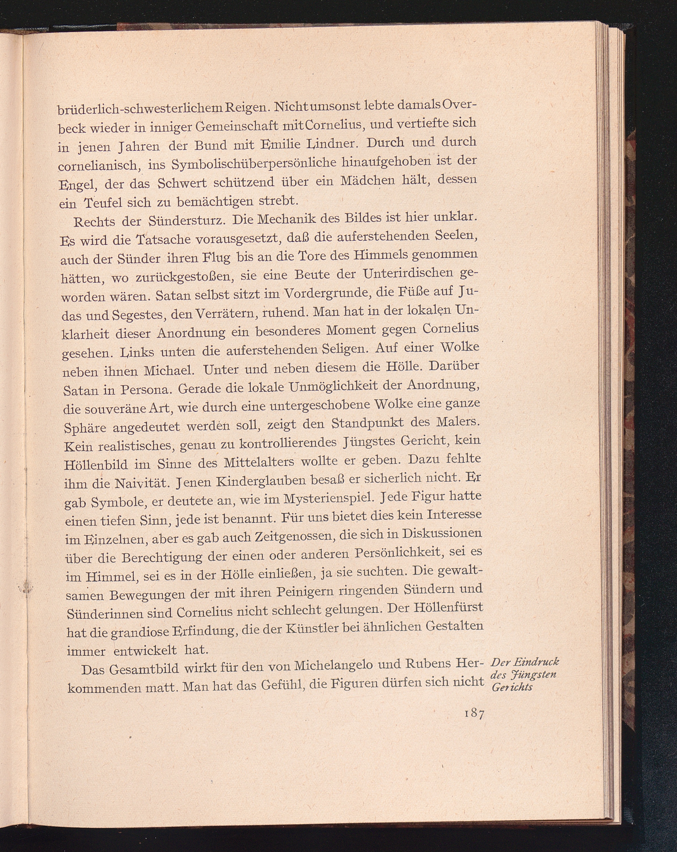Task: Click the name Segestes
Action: [x=140, y=315]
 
